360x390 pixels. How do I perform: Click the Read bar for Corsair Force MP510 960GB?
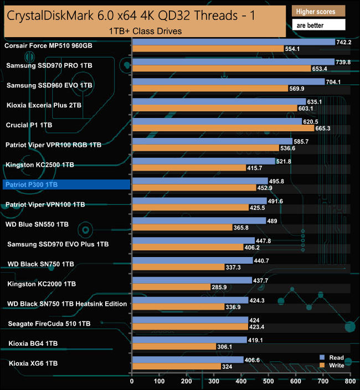(233, 42)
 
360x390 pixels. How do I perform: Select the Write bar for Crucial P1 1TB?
(222, 129)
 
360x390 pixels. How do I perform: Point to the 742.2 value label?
(343, 42)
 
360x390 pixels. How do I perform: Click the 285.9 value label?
(218, 288)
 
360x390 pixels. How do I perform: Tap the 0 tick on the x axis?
(132, 381)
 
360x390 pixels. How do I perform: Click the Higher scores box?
(318, 11)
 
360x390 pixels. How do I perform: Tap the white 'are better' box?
(318, 25)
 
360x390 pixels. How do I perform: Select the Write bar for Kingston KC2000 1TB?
(171, 288)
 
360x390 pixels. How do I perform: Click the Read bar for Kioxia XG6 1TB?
(187, 360)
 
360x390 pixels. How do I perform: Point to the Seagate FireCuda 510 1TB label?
(49, 324)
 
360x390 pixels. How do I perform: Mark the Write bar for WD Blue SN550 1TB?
(182, 227)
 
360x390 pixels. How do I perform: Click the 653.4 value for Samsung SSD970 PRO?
(321, 69)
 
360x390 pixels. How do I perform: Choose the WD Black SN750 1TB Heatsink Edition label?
(67, 304)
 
